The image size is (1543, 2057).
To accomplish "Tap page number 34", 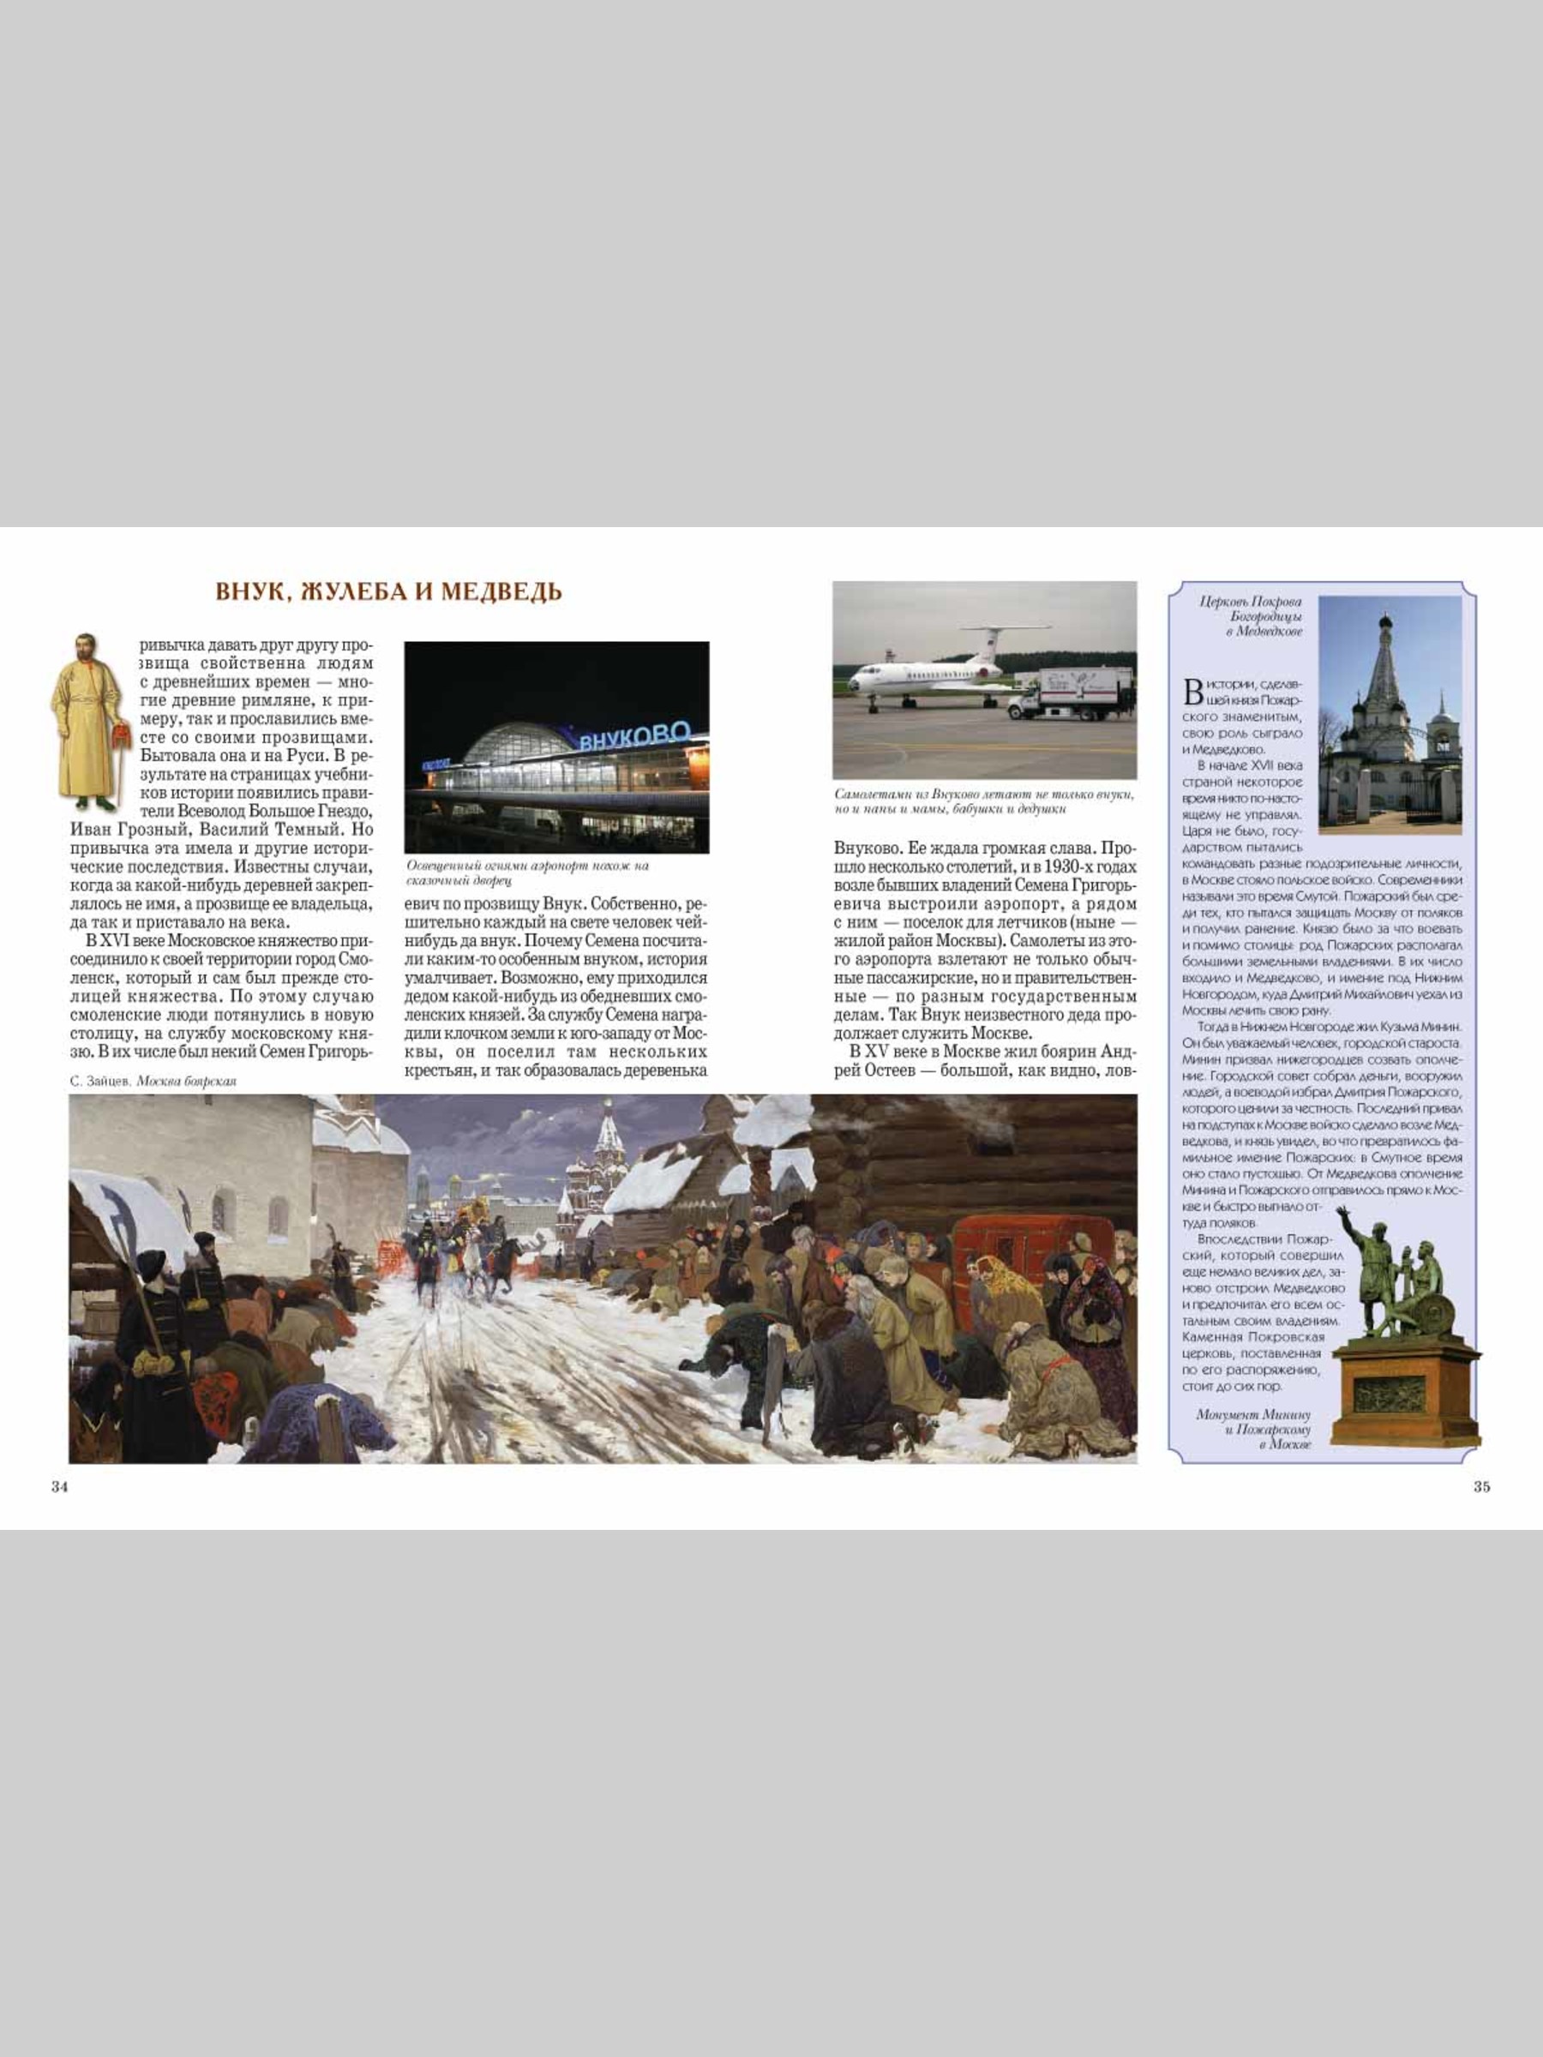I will click(x=59, y=1487).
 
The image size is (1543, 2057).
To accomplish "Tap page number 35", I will click(x=1481, y=1487).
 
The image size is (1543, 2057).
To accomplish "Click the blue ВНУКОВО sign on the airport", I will click(x=635, y=735).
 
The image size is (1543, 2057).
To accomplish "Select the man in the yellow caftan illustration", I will click(x=88, y=721).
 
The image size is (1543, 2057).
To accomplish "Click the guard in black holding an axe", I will click(x=149, y=1321).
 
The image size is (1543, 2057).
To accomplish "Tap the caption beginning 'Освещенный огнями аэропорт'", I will click(x=528, y=873).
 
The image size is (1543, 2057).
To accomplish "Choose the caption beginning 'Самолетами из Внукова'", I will click(x=984, y=801).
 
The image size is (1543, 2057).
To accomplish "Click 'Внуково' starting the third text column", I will click(x=862, y=849).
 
